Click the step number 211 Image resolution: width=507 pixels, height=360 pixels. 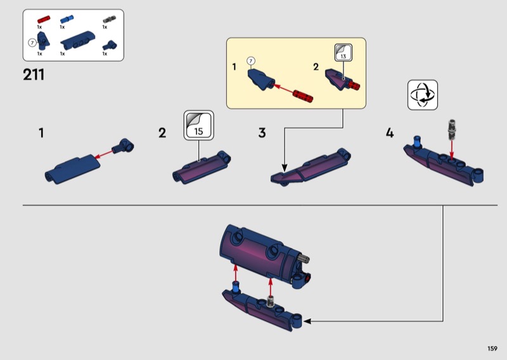click(34, 75)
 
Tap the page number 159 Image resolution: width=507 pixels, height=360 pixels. click(492, 349)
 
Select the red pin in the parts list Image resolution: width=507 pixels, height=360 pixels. click(44, 20)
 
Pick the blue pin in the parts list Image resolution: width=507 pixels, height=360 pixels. click(67, 20)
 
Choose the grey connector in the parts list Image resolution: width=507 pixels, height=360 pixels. click(109, 19)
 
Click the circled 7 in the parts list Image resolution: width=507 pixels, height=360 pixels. click(32, 42)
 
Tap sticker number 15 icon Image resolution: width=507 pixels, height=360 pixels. click(199, 125)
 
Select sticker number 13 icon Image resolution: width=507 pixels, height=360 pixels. click(343, 53)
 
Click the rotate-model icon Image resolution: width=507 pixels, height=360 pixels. click(423, 95)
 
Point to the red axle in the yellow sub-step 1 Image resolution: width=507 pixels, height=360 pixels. click(303, 96)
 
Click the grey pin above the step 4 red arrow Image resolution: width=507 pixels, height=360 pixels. click(452, 129)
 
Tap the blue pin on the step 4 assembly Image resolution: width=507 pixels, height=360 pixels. click(418, 141)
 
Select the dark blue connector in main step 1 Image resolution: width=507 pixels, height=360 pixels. click(123, 146)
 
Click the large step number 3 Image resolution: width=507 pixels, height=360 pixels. click(262, 133)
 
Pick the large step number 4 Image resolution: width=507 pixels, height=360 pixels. click(390, 133)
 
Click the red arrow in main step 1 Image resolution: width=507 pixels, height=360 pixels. click(104, 154)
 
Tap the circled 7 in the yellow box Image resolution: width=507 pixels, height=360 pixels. click(251, 61)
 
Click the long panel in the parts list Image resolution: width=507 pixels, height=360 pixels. click(77, 41)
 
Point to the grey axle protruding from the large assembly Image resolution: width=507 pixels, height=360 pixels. click(304, 258)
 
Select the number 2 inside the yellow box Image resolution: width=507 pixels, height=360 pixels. click(316, 67)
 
